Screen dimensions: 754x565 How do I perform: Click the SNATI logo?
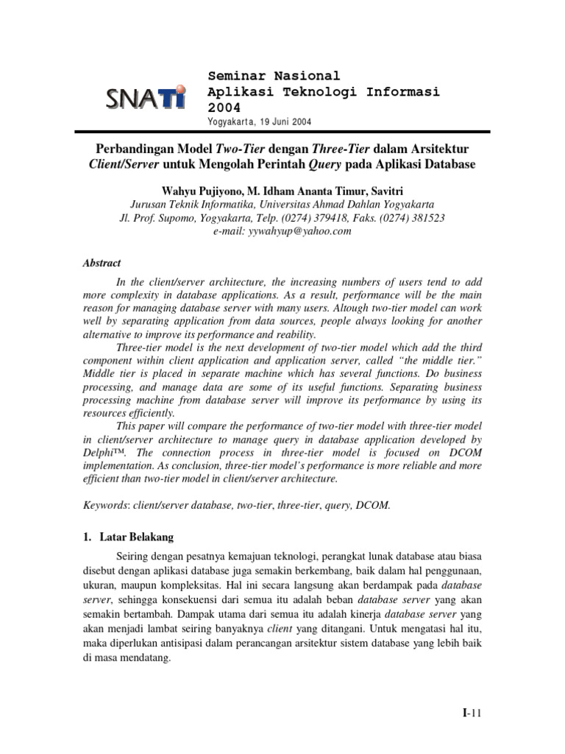146,96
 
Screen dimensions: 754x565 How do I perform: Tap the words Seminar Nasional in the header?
274,76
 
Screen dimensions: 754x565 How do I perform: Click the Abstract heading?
102,263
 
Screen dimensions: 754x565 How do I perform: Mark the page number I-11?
471,713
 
